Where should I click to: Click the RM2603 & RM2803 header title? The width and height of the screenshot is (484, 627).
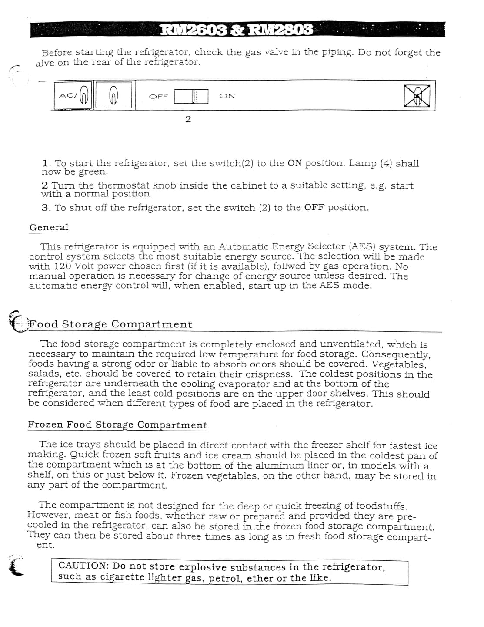(237, 30)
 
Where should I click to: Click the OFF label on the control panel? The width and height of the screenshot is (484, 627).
(158, 96)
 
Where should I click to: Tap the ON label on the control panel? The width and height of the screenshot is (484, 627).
(227, 96)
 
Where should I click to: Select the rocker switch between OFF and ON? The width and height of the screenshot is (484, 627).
(191, 96)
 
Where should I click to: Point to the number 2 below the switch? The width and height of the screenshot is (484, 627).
(188, 119)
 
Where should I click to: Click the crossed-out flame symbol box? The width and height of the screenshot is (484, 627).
(417, 96)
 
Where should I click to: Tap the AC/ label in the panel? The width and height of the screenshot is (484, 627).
(68, 95)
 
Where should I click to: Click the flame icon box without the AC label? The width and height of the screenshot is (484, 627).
(113, 95)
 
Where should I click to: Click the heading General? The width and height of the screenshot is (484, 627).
(49, 227)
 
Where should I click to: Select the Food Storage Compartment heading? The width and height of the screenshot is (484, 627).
(110, 324)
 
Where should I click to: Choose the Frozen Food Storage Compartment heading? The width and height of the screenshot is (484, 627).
(117, 425)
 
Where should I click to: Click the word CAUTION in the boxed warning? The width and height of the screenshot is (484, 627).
(83, 566)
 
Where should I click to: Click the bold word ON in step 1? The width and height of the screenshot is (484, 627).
(294, 163)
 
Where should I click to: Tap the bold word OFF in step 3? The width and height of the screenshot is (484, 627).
(314, 208)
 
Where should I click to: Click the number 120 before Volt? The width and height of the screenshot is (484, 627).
(63, 266)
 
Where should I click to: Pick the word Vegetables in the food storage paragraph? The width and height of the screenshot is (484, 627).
(398, 364)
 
